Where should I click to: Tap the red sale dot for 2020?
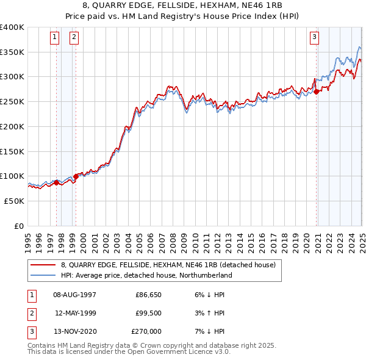(317, 92)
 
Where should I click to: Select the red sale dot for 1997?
(56, 182)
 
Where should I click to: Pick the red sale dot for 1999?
(76, 176)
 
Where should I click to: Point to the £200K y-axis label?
(12, 126)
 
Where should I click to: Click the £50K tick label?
(14, 201)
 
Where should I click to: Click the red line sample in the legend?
(43, 265)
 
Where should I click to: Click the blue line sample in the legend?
(43, 276)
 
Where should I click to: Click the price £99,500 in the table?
(148, 313)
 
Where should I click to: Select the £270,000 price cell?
(146, 331)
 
